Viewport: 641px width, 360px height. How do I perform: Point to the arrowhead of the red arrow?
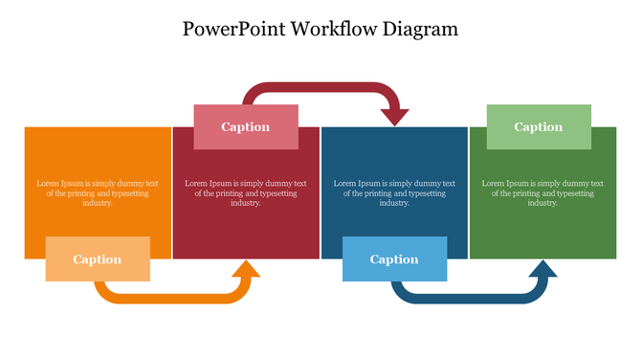(394, 115)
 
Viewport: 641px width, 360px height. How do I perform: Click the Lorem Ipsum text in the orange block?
(98, 192)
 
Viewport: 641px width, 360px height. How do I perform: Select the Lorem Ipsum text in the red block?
(246, 192)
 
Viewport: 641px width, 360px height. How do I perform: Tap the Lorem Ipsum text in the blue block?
(394, 192)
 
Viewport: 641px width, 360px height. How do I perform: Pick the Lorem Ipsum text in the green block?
(542, 192)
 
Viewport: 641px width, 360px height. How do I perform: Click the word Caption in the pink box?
(246, 126)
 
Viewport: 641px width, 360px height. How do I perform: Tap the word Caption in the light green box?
(539, 126)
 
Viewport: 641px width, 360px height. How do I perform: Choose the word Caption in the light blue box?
(394, 259)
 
